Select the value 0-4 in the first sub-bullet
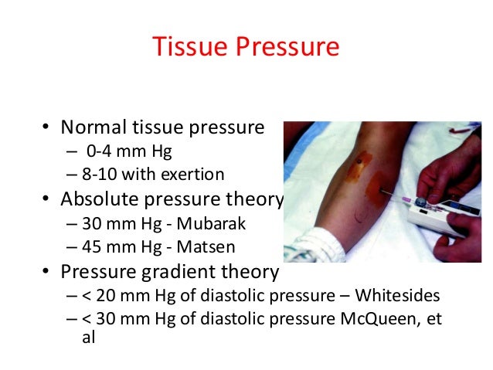97,150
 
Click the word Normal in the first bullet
94,126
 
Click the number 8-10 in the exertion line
98,173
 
